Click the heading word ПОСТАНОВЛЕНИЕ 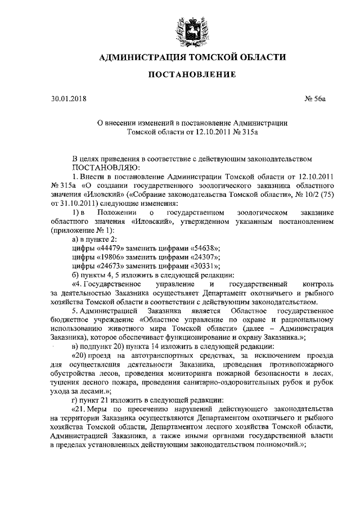click(180, 75)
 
